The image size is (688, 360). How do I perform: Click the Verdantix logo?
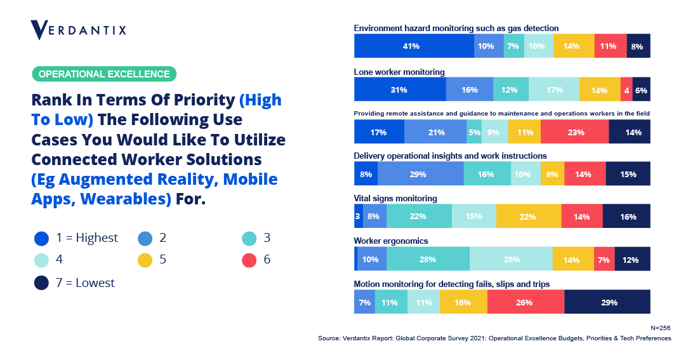pos(78,29)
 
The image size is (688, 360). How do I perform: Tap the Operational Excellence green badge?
pos(104,74)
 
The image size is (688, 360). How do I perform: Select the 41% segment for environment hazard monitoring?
pos(414,46)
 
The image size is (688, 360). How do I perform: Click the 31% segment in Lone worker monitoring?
pos(400,90)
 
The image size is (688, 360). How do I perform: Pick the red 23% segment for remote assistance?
pos(574,132)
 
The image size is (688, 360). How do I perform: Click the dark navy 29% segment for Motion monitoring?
pos(607,302)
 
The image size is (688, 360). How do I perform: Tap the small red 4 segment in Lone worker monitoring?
pos(626,90)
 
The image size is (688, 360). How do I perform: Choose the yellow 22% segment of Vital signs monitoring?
pos(529,217)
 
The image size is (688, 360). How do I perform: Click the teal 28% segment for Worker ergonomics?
pos(428,259)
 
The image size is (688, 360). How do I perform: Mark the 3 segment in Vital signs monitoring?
pos(358,217)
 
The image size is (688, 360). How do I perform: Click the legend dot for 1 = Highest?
pos(42,238)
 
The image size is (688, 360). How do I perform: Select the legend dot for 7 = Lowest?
pos(42,283)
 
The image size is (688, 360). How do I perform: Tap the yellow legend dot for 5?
pos(145,260)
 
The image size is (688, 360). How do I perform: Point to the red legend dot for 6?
pos(249,260)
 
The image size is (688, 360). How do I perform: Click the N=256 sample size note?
pos(661,328)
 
